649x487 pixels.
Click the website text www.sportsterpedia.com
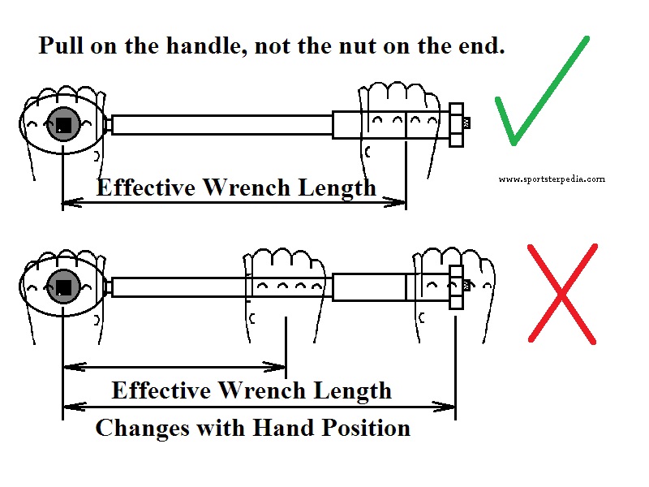552,179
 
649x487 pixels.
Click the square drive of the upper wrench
63,124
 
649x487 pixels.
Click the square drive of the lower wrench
63,286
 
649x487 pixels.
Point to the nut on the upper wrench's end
456,124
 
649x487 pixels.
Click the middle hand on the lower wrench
286,284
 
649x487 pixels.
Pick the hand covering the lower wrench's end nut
454,280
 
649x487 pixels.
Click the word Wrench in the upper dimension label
247,188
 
